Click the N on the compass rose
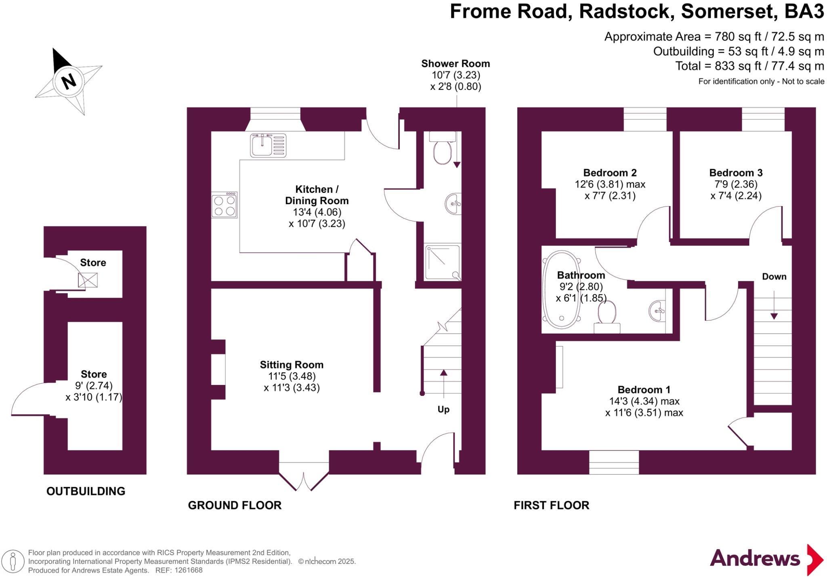click(69, 81)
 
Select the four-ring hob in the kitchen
click(225, 205)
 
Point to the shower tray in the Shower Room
click(442, 262)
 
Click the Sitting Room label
click(292, 365)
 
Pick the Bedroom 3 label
click(736, 173)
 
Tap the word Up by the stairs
click(443, 410)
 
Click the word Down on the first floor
click(774, 277)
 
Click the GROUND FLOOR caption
click(235, 505)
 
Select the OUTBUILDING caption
click(86, 491)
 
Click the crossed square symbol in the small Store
click(88, 280)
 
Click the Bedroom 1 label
click(644, 390)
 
